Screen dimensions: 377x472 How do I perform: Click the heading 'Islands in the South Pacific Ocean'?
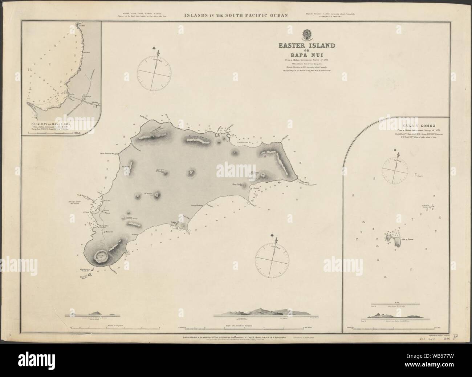(x=236, y=15)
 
